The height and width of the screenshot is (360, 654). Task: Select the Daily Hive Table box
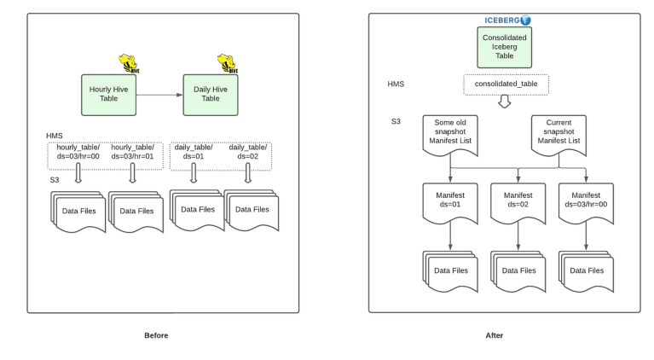[x=210, y=94]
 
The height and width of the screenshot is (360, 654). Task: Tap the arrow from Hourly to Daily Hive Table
[x=159, y=94]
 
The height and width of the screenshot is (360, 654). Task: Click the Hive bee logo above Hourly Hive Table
[x=128, y=63]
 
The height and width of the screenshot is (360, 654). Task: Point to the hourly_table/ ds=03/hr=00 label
[x=78, y=152]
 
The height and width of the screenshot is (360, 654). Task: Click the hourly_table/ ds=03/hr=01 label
[x=133, y=152]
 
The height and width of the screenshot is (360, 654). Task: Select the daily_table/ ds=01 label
[x=193, y=152]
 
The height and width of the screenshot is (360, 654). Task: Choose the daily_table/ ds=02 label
[x=247, y=152]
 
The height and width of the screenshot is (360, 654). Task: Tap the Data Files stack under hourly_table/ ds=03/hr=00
[x=80, y=211]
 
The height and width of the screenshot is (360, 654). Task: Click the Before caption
[x=156, y=335]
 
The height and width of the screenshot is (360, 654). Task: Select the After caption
[x=495, y=335]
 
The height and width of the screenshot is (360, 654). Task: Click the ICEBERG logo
[x=507, y=20]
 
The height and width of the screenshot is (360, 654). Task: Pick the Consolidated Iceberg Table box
[x=504, y=47]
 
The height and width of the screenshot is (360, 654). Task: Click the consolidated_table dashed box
[x=506, y=84]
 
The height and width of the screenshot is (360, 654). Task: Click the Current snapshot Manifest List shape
[x=559, y=133]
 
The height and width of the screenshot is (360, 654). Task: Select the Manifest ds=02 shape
[x=518, y=203]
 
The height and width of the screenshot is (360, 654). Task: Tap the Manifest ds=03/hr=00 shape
[x=585, y=203]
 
